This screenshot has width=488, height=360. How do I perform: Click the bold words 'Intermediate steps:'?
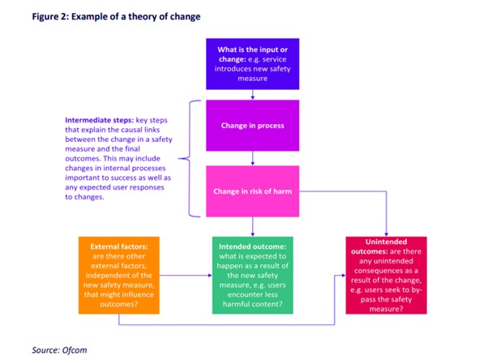[x=100, y=120]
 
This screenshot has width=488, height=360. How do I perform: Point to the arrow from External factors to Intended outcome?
[x=182, y=276]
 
